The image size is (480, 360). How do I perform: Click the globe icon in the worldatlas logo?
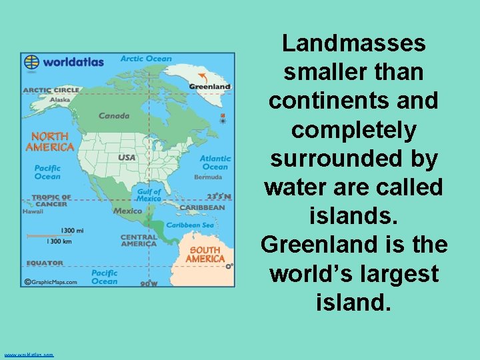[31, 62]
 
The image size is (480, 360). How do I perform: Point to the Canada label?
[114, 115]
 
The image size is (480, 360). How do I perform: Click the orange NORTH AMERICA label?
[49, 142]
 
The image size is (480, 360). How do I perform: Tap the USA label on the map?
[127, 158]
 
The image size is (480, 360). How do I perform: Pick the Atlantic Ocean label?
[215, 163]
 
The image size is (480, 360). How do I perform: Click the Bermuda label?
[208, 177]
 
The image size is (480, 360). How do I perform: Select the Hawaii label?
[33, 211]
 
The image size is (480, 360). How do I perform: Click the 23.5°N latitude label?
[219, 196]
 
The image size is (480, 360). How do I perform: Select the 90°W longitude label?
[149, 283]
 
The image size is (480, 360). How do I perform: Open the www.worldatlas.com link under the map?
[29, 355]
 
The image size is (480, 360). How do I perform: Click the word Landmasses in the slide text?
[353, 43]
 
